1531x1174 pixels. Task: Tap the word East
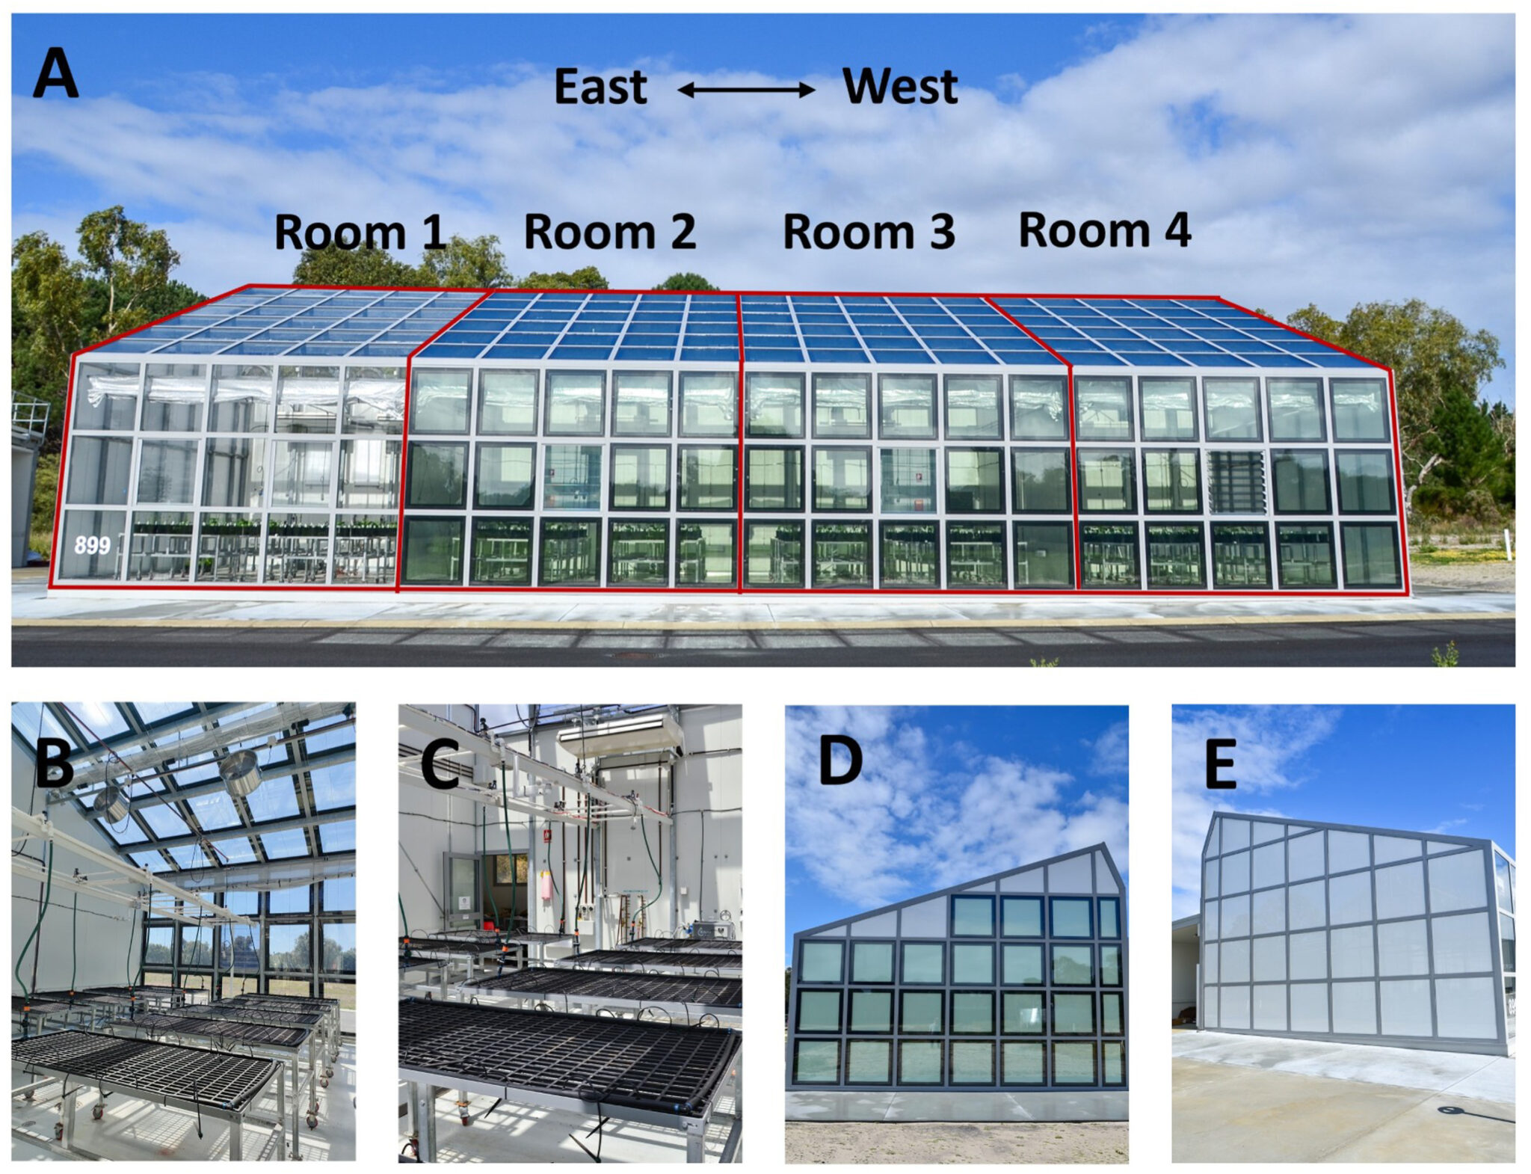click(600, 87)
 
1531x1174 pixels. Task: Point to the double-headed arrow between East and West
click(746, 90)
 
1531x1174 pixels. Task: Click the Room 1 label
click(360, 232)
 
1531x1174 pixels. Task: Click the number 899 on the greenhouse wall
click(92, 545)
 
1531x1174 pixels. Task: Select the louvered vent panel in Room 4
click(1236, 482)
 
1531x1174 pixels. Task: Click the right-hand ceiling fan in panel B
click(240, 772)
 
